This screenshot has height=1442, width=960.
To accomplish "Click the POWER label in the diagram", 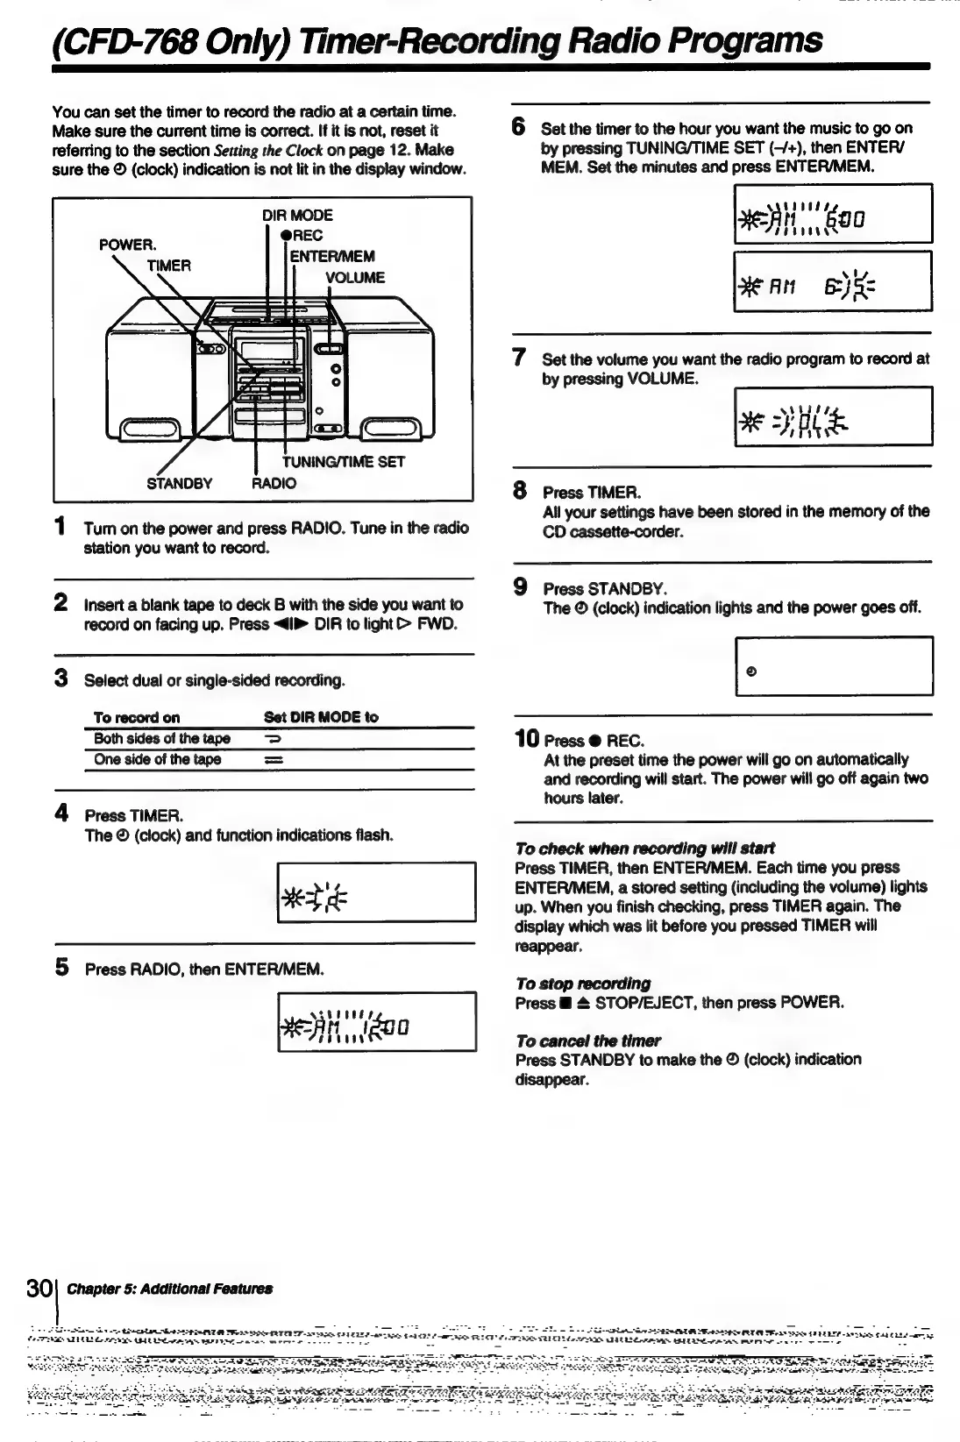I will [127, 244].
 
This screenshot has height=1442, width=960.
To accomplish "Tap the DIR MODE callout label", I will [297, 215].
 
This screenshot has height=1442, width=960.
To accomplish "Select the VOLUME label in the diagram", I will [354, 278].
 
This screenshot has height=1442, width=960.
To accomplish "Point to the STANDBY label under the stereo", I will [179, 483].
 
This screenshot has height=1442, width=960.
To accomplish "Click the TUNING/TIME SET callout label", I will [343, 462].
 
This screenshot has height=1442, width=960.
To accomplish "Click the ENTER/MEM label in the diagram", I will [332, 256].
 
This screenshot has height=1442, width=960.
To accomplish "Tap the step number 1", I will [60, 527].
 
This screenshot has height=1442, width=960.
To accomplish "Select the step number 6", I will [519, 127].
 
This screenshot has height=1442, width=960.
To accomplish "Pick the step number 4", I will [60, 814].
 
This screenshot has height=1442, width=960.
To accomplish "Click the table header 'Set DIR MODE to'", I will [321, 717].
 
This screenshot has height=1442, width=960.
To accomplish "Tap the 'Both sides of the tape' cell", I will [162, 738].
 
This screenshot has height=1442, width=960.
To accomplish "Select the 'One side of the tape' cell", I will [158, 759].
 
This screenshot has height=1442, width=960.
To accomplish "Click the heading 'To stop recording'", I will [583, 984].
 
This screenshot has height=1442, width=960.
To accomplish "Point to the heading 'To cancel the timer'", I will [588, 1041].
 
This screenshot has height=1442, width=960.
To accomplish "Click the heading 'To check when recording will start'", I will [644, 849].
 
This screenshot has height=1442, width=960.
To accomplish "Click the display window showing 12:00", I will [376, 1021].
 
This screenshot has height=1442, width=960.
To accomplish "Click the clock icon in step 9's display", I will [751, 671].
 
